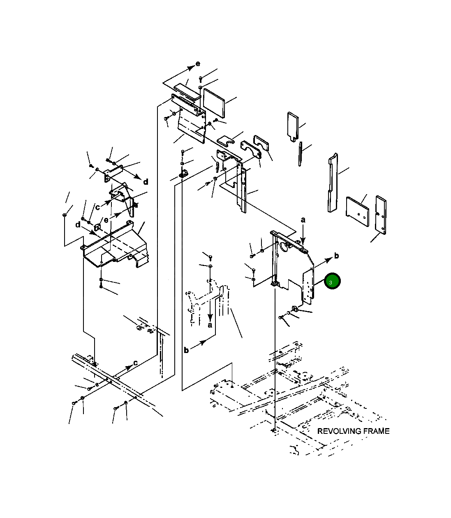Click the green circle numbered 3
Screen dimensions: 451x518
[332, 281]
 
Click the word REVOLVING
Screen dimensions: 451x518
[338, 431]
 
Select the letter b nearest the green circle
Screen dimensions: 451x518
[336, 256]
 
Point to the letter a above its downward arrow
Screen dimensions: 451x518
[303, 220]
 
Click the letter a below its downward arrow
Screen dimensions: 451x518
[210, 325]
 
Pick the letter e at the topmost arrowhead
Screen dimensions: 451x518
[198, 64]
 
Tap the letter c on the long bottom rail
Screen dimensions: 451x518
[136, 363]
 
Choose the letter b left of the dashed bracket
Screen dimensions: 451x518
[186, 350]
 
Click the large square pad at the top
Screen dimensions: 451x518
[214, 103]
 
